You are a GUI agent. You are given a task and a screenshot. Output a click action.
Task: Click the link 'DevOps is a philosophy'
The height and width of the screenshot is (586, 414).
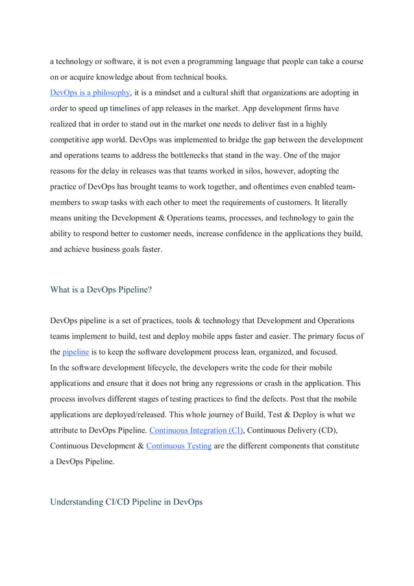point(90,92)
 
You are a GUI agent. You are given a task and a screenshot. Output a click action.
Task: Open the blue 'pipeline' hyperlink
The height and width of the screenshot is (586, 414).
point(75,352)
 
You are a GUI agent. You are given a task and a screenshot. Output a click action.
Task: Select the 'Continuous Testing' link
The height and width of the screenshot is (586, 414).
point(178,445)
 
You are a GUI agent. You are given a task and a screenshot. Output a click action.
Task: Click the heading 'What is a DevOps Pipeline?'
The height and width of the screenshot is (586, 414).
point(101,289)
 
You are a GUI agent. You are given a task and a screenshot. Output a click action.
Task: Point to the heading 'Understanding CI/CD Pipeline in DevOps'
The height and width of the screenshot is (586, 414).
point(126,502)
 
